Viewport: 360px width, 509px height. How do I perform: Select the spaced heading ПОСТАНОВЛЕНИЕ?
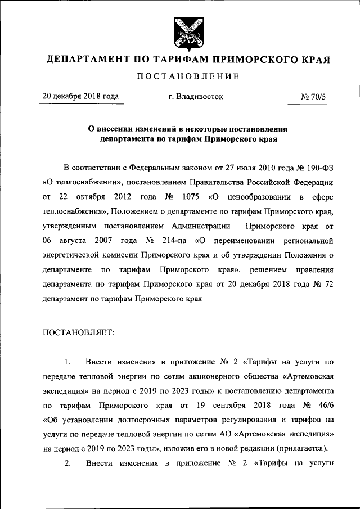(x=185, y=76)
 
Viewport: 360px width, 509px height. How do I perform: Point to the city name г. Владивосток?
(x=196, y=97)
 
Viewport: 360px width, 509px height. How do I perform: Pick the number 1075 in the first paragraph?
(x=192, y=197)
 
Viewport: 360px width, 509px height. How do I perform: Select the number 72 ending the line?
(x=330, y=285)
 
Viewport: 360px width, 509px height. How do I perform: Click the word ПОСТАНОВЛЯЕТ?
(x=78, y=332)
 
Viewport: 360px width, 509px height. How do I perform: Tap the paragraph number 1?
(x=67, y=361)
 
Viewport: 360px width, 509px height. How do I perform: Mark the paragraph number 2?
(x=67, y=463)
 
